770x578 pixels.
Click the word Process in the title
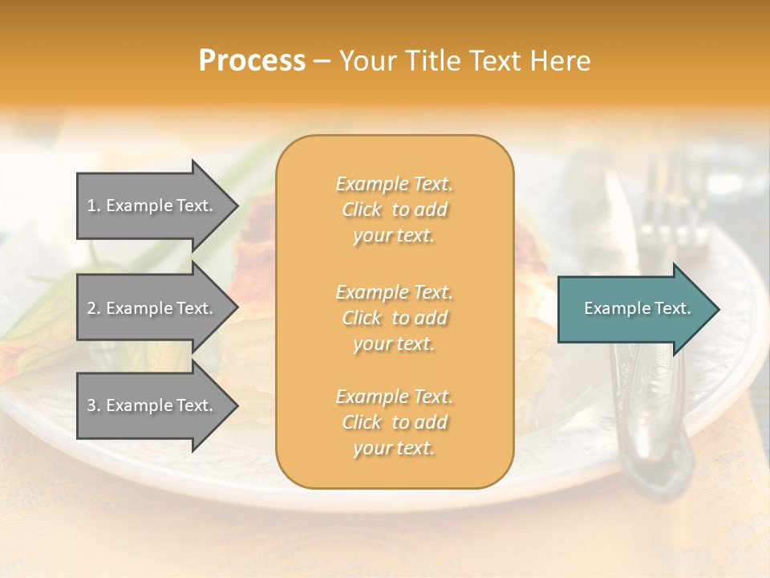click(252, 61)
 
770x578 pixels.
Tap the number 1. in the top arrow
click(94, 206)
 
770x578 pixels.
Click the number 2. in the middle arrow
click(94, 308)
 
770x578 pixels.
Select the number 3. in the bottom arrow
click(94, 405)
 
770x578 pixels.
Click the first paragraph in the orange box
click(394, 210)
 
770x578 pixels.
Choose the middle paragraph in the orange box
click(394, 318)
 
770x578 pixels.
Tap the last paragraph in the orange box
click(394, 422)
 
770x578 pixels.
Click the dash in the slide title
click(322, 61)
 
